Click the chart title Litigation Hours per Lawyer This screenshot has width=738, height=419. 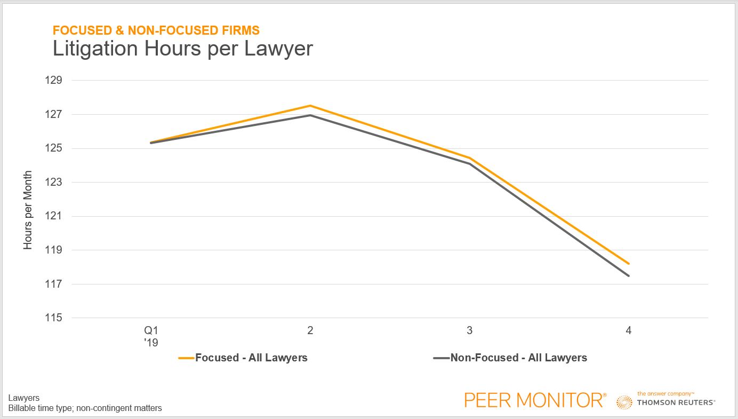coord(182,49)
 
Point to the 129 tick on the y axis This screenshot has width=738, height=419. coord(55,81)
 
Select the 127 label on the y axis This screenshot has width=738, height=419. coord(55,114)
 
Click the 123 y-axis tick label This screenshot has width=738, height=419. coord(55,182)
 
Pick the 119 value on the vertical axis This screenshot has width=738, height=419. coord(55,250)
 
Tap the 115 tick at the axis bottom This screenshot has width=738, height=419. coord(55,318)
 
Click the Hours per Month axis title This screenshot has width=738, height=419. coord(28,210)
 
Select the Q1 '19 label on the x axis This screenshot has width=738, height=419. coord(151,336)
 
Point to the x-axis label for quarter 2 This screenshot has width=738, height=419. coord(310,331)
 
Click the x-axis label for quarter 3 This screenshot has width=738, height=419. coord(469,331)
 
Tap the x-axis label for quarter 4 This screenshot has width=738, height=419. coord(629,331)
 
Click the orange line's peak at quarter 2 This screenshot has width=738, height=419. coord(310,106)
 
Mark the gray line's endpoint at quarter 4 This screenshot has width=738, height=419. coord(629,275)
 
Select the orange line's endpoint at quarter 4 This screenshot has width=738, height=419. coord(629,264)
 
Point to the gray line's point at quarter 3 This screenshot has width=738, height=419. coord(469,163)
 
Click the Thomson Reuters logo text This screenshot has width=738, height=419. coord(676,402)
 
